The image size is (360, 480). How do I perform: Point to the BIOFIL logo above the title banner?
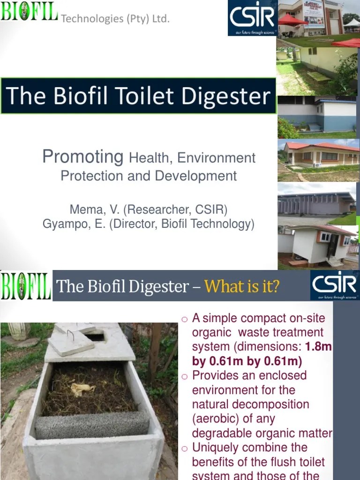pos(29,11)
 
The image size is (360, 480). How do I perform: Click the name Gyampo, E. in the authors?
pos(74,224)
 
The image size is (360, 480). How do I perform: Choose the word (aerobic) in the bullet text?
pos(217,419)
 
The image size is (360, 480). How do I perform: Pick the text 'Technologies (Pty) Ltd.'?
pos(115,19)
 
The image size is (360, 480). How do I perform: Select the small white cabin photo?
pos(319,246)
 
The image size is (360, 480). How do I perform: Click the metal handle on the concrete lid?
pos(70,335)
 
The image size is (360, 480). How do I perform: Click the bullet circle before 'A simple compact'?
pos(184,319)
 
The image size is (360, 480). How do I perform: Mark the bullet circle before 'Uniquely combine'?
pos(184,448)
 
